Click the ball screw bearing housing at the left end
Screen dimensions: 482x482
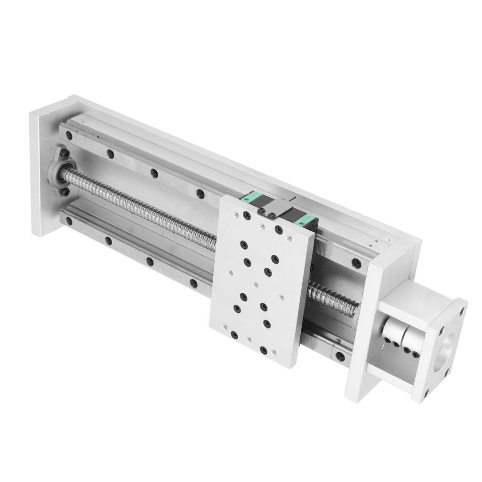[62, 172]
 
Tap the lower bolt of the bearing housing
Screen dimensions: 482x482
[65, 192]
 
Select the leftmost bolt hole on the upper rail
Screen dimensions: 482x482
[69, 136]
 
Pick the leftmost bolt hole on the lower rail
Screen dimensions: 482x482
[69, 220]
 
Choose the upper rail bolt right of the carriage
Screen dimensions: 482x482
[357, 263]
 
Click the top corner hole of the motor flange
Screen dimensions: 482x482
[461, 311]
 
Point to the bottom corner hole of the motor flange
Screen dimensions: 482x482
[426, 391]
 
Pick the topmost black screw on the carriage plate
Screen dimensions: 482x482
[247, 216]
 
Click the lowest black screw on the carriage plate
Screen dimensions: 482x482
[264, 350]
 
